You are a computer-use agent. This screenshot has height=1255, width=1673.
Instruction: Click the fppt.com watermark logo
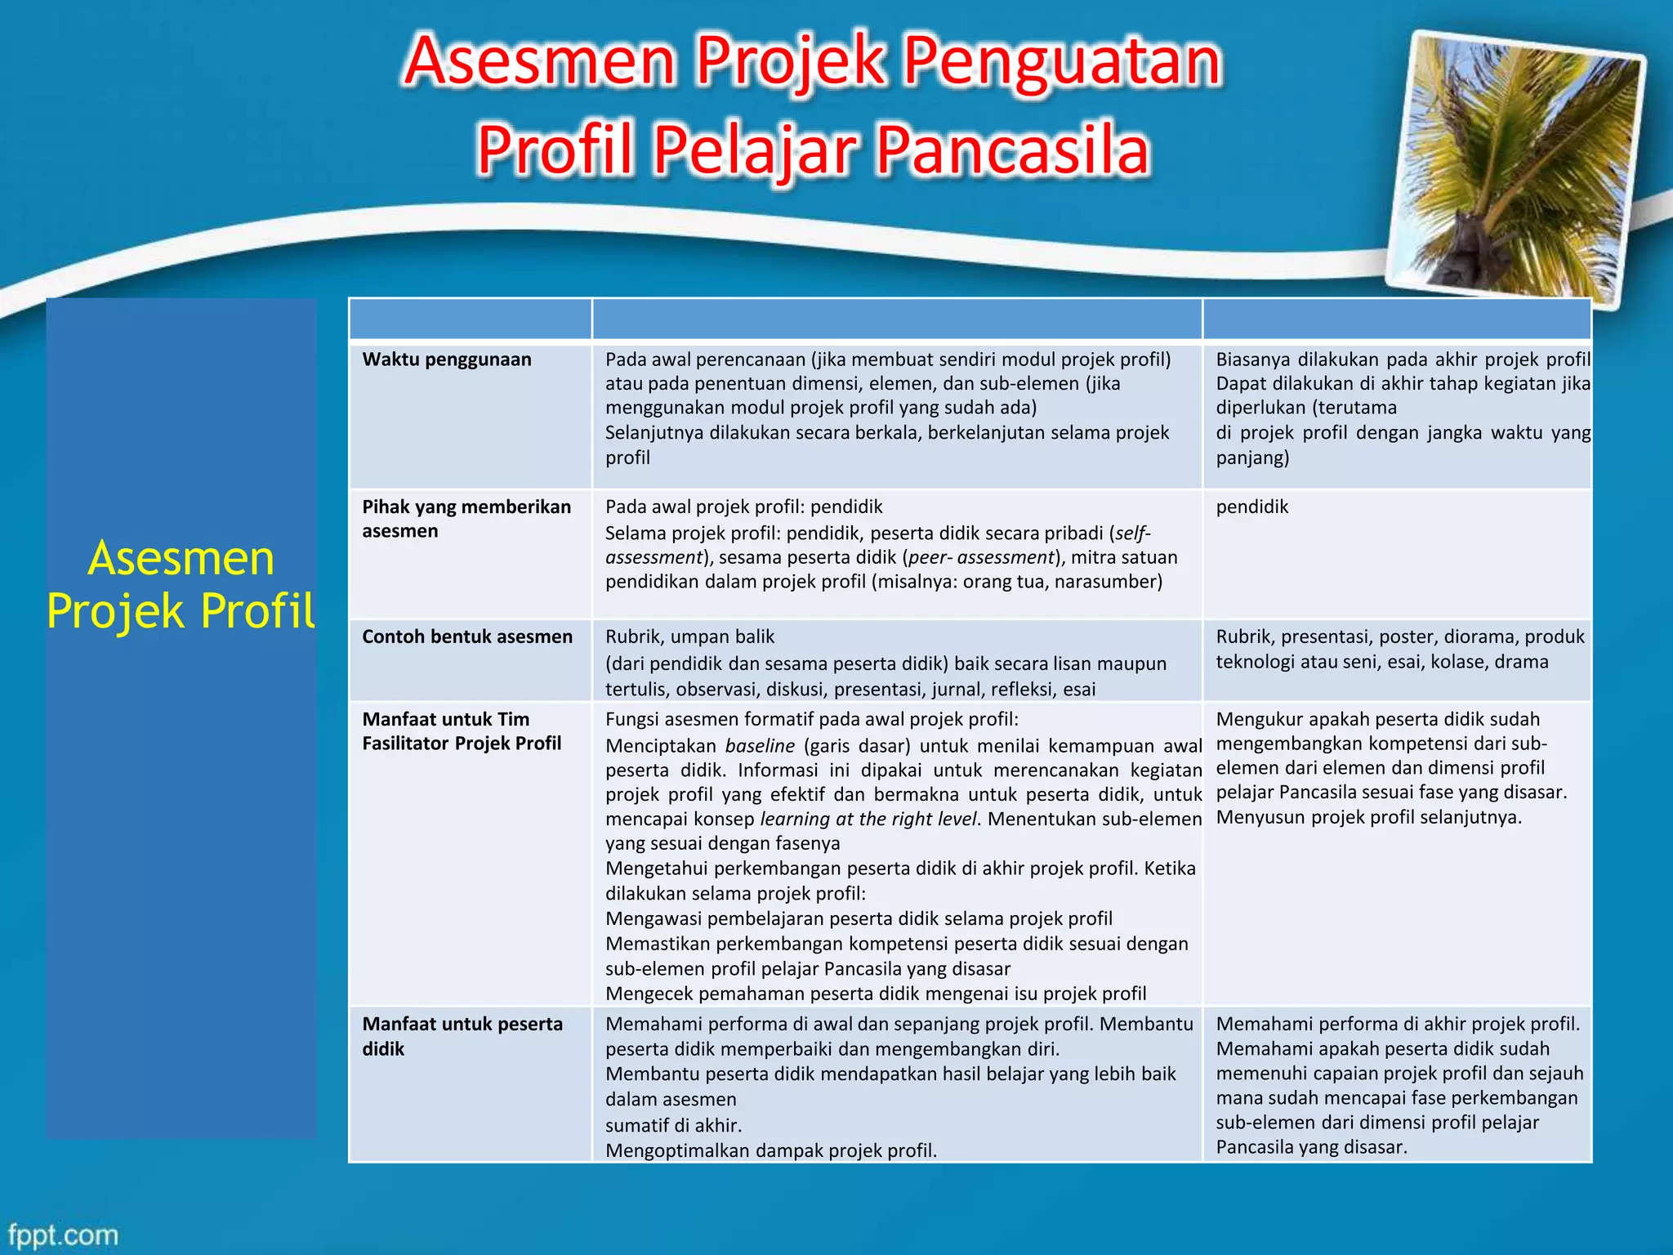tap(64, 1234)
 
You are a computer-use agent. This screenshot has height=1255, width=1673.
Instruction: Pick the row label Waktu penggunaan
tap(447, 360)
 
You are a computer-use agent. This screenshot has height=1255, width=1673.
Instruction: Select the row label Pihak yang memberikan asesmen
tap(466, 519)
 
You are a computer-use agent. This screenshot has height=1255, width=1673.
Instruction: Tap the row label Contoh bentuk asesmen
tap(467, 636)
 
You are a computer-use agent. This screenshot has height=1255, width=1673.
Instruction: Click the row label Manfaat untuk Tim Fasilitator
tap(462, 731)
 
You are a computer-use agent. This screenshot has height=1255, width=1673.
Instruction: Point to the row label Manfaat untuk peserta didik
tap(462, 1036)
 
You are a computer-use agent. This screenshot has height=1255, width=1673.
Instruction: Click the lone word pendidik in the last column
tap(1251, 507)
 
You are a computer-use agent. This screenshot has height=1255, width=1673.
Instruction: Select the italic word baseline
tap(760, 746)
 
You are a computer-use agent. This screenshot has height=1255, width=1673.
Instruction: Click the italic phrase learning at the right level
tap(868, 819)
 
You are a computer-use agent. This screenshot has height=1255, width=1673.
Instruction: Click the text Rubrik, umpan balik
tap(689, 636)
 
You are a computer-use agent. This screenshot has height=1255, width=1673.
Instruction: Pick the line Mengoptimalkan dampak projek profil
tap(770, 1150)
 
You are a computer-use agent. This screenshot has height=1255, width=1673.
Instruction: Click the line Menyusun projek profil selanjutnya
tap(1368, 817)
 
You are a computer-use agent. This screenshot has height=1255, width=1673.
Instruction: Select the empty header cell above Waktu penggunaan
tap(471, 319)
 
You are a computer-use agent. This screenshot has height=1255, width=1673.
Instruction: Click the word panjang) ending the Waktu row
tap(1252, 458)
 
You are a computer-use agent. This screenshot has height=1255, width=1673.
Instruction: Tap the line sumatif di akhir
tap(673, 1125)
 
